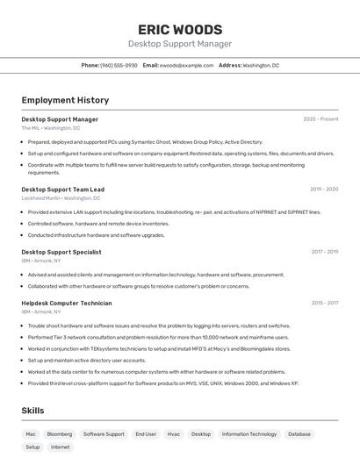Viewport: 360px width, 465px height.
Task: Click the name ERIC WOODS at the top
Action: click(180, 29)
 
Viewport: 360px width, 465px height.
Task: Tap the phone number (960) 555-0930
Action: click(119, 65)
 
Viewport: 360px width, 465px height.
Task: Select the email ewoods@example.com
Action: click(186, 65)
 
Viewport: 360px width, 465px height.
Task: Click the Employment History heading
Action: click(65, 100)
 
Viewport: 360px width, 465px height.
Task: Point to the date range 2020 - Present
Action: click(320, 119)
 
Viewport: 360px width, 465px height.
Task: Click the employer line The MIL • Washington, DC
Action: click(50, 128)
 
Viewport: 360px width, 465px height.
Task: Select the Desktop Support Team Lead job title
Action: click(62, 189)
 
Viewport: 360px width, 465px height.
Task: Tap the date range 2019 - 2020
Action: click(324, 189)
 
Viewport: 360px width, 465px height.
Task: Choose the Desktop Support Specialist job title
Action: click(61, 252)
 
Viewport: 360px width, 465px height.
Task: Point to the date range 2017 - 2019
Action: click(324, 252)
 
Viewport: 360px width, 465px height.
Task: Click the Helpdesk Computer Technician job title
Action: click(67, 303)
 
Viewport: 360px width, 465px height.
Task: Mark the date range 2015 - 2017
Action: click(324, 303)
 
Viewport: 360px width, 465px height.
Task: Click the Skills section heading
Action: click(32, 411)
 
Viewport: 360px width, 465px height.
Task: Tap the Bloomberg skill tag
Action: click(60, 433)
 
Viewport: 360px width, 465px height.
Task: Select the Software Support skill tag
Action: click(104, 433)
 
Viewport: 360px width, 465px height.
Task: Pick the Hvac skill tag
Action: click(174, 433)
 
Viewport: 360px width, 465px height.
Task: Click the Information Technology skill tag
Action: click(249, 433)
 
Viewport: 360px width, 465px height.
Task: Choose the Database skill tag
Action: click(299, 433)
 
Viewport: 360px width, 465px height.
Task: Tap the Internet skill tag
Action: click(61, 447)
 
